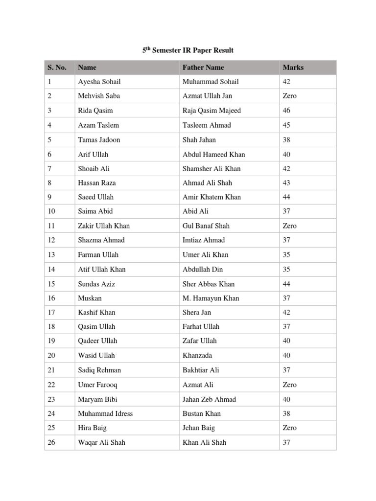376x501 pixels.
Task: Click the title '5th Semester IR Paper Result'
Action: point(188,50)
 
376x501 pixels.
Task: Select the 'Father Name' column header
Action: point(203,68)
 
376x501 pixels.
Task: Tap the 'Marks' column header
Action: point(293,68)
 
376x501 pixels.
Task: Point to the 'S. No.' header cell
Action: point(57,68)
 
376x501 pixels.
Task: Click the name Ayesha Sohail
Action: point(99,82)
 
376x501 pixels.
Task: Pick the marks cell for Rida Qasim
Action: point(286,111)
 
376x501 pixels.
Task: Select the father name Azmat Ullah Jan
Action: point(207,96)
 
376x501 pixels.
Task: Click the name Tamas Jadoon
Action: point(99,139)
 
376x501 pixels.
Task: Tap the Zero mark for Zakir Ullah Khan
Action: point(289,226)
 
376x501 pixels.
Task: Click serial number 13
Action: point(51,254)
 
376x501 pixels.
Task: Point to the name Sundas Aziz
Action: point(96,284)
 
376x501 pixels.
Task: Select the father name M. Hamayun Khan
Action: point(211,298)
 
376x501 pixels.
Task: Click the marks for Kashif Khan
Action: point(286,312)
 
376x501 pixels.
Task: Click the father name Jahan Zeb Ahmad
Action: point(209,399)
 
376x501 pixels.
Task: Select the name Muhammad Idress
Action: point(105,413)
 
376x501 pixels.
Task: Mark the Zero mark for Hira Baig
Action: point(289,428)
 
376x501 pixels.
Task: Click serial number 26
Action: point(51,442)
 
